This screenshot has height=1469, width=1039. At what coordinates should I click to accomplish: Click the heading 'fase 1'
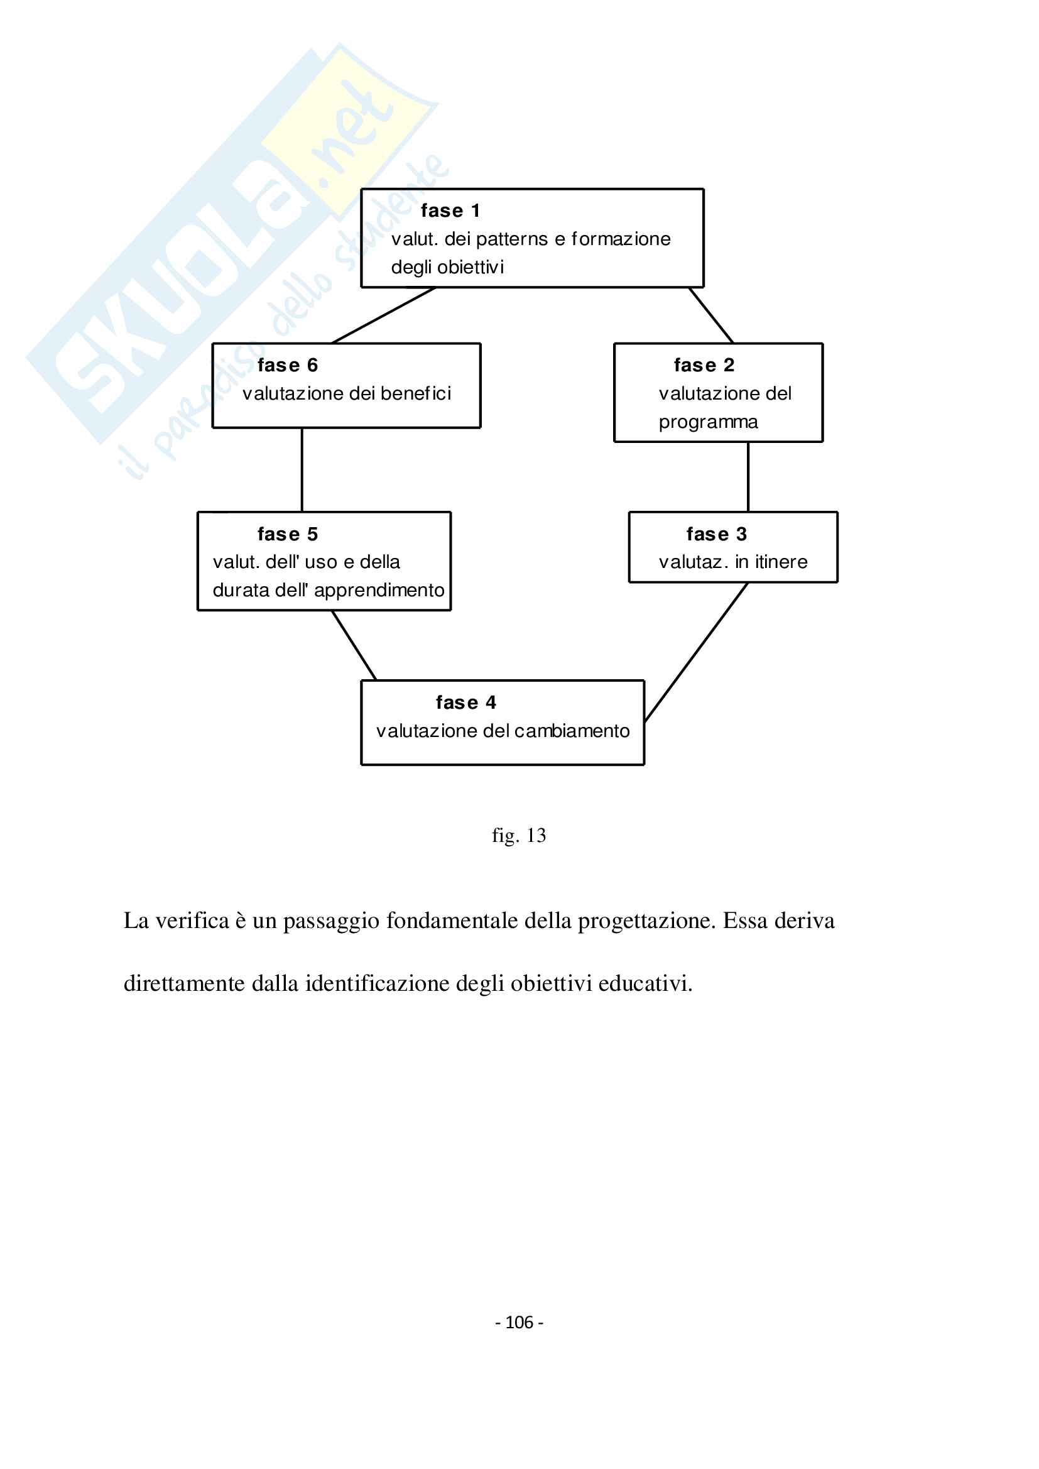point(450,210)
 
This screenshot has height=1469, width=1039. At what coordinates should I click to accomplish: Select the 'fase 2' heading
point(704,365)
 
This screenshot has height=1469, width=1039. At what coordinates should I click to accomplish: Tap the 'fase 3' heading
point(717,534)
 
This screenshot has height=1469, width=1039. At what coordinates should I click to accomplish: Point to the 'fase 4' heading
point(465,702)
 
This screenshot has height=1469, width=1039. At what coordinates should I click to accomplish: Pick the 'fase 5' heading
point(287,534)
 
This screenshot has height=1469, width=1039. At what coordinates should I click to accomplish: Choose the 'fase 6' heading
point(287,365)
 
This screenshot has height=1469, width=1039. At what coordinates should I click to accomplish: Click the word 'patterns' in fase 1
point(512,239)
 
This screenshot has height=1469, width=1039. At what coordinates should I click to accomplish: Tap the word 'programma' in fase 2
point(708,422)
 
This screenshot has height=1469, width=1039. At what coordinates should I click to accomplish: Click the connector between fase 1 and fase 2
point(712,315)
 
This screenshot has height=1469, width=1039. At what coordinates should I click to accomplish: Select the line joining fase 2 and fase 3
point(748,477)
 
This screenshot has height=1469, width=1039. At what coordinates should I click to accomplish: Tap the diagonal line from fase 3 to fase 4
point(696,653)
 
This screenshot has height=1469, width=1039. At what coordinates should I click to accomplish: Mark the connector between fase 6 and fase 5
point(302,469)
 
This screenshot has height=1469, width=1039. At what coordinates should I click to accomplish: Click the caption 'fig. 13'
point(519,836)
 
